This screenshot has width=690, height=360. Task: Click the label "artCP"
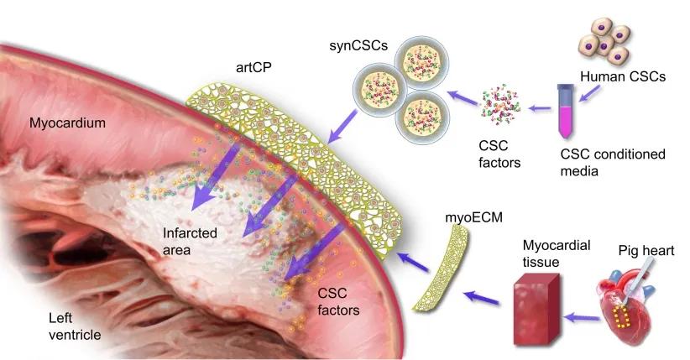click(x=254, y=67)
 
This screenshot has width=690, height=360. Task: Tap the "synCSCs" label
click(x=358, y=45)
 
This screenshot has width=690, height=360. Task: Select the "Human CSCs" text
click(x=623, y=76)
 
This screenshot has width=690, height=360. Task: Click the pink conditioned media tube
click(x=565, y=111)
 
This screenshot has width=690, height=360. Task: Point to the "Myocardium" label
click(x=67, y=123)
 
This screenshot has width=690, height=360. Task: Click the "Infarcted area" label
click(x=190, y=241)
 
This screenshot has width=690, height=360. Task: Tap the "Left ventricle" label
click(x=75, y=326)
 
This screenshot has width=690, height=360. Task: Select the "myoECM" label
click(x=473, y=217)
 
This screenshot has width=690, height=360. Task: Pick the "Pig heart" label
click(x=646, y=250)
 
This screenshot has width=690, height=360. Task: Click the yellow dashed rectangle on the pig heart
click(x=621, y=317)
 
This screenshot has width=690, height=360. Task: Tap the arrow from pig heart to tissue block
click(x=582, y=317)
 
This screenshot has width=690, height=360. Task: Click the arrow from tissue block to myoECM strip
click(x=483, y=298)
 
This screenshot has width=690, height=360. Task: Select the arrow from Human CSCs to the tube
click(x=589, y=93)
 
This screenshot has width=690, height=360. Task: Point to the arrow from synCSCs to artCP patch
click(x=342, y=127)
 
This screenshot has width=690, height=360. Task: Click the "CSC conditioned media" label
click(x=613, y=163)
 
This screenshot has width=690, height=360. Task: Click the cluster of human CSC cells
click(x=606, y=40)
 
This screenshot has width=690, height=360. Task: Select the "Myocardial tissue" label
click(x=557, y=253)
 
